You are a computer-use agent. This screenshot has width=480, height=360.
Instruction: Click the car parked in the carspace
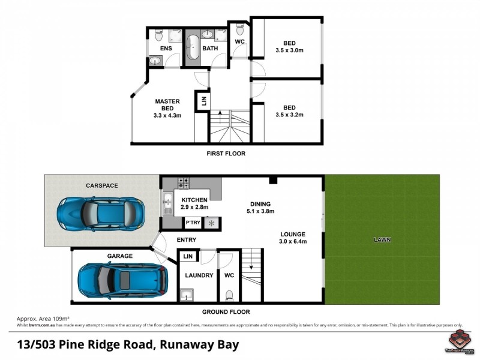coord(101,212)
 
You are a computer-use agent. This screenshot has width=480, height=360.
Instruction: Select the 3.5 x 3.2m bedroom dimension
coord(290,115)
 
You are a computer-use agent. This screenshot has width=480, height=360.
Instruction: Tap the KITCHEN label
coord(194,200)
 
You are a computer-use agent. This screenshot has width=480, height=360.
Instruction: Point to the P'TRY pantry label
coord(193,223)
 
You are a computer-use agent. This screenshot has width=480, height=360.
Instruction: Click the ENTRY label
coord(187,240)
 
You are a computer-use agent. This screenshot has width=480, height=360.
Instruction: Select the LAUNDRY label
coord(199,275)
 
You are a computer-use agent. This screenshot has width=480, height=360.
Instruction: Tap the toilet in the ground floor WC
coord(229,295)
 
